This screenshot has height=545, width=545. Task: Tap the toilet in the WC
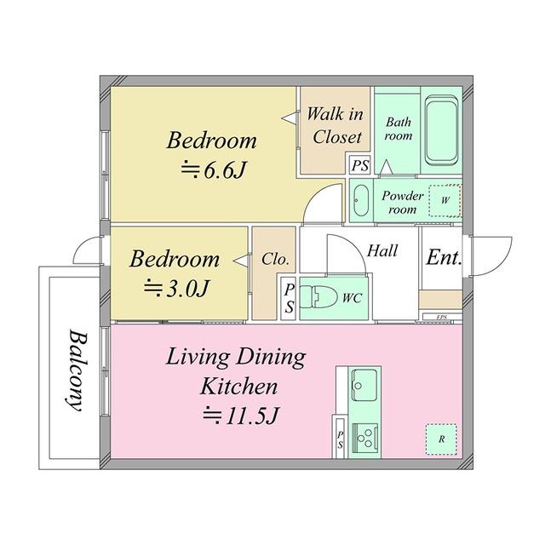coord(318,297)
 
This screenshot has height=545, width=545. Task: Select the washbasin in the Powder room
coord(361,200)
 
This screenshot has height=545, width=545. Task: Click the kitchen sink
coord(364,384)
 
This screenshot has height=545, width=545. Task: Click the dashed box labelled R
coord(441,439)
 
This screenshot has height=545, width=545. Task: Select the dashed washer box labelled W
coord(445,201)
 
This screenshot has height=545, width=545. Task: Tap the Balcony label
coord(77,370)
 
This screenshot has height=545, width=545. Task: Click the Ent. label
coord(444,257)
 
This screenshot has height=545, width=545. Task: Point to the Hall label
coord(382,250)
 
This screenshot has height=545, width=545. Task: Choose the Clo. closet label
coord(275,259)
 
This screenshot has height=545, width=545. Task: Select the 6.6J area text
coord(214,170)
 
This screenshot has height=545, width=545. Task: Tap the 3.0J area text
coord(176,288)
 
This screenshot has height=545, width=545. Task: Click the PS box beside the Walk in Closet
coord(359,164)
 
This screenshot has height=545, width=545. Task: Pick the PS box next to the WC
coord(290,298)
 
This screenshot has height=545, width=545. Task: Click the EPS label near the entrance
coord(442,317)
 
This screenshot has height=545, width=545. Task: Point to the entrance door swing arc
coord(502,261)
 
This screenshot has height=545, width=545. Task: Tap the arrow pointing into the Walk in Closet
coord(290,118)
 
